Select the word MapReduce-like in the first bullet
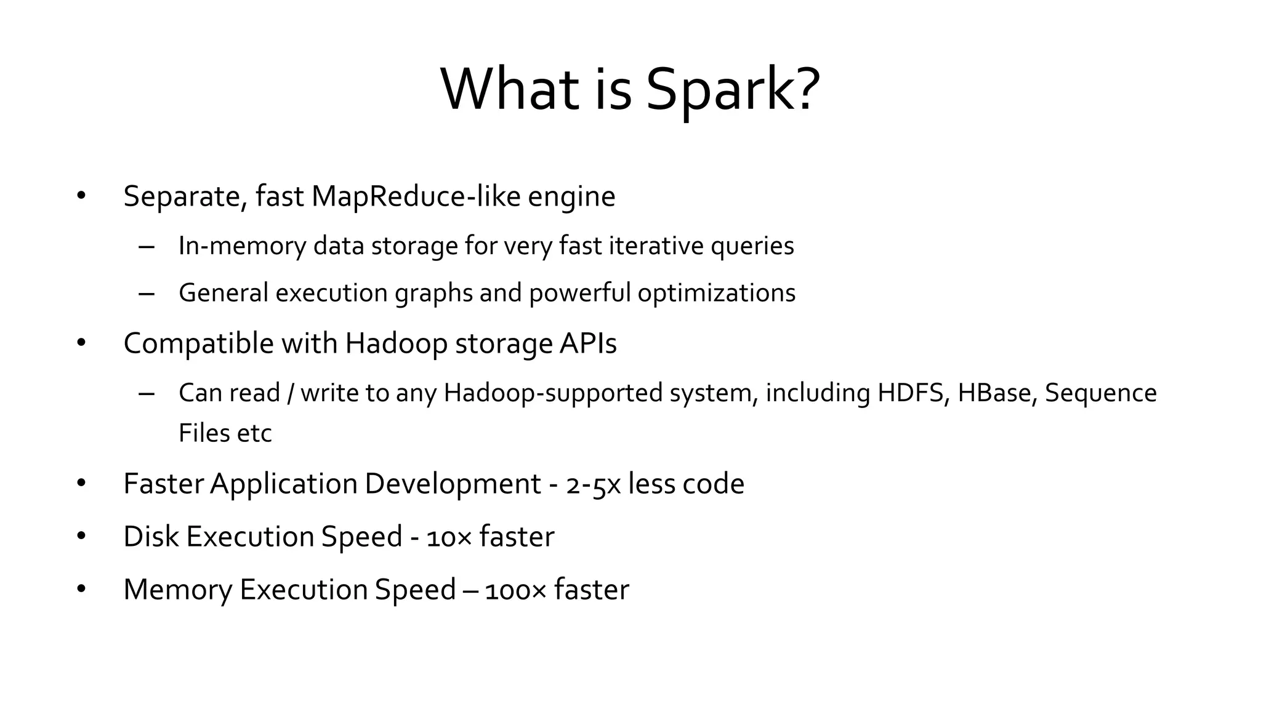click(x=416, y=196)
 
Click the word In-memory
click(x=242, y=246)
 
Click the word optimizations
click(x=716, y=293)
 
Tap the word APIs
click(x=588, y=343)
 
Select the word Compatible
click(x=198, y=343)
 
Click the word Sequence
click(x=1101, y=393)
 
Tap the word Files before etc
click(x=201, y=433)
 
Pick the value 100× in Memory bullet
click(x=515, y=590)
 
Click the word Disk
click(x=151, y=537)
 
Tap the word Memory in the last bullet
click(x=178, y=590)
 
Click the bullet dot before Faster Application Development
click(x=81, y=484)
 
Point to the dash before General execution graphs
click(x=147, y=294)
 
